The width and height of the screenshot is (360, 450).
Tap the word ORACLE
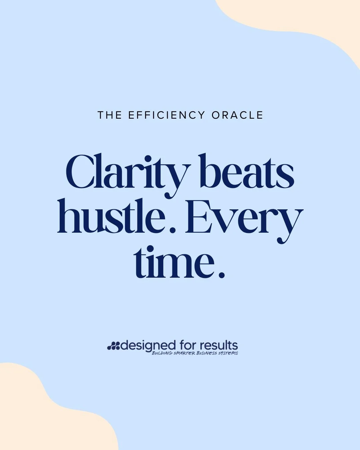click(237, 115)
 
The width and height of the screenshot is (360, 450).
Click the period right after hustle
click(172, 230)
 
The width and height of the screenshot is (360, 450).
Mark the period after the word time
click(220, 275)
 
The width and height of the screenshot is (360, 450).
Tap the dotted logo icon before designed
click(113, 346)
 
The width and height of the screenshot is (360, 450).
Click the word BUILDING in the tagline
click(162, 353)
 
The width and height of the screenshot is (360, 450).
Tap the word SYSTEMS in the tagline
click(228, 353)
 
